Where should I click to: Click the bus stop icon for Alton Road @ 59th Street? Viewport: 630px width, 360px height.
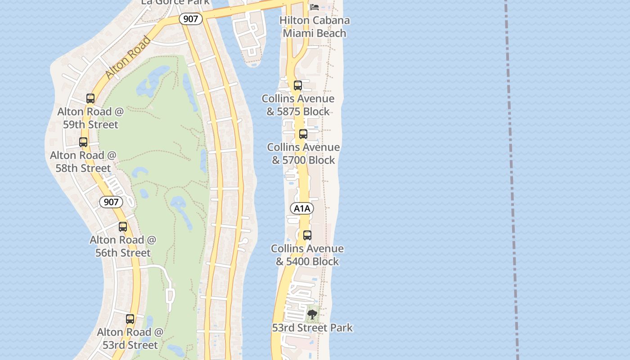click(x=90, y=99)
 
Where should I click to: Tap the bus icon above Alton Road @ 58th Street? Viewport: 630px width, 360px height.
click(x=83, y=142)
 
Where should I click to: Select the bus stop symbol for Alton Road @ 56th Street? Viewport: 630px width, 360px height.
click(x=123, y=227)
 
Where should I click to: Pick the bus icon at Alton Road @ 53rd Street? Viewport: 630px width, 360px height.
click(x=130, y=319)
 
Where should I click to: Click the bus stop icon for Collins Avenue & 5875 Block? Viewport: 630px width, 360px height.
click(x=297, y=85)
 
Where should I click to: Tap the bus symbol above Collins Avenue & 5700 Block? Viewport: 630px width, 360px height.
click(x=303, y=134)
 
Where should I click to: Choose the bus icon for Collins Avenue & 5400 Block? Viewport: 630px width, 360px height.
click(x=307, y=235)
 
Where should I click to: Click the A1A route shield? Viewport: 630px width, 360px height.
click(x=302, y=208)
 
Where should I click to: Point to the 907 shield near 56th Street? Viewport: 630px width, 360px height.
click(x=111, y=202)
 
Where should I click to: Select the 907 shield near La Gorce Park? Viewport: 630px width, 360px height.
click(x=190, y=19)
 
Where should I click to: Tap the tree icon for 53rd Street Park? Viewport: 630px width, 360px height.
click(x=312, y=314)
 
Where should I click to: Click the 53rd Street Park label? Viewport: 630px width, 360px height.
click(x=312, y=328)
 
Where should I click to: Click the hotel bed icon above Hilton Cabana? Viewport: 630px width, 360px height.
click(x=315, y=7)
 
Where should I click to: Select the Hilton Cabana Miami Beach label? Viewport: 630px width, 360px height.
click(x=315, y=27)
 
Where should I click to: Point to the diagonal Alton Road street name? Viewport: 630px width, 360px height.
click(x=128, y=58)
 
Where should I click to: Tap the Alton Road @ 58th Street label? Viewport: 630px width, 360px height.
click(x=83, y=162)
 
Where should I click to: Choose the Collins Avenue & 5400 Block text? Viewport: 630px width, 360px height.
click(x=307, y=255)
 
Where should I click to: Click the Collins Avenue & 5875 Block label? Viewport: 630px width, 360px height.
click(x=298, y=105)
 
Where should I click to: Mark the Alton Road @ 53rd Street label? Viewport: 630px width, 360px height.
click(x=130, y=338)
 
